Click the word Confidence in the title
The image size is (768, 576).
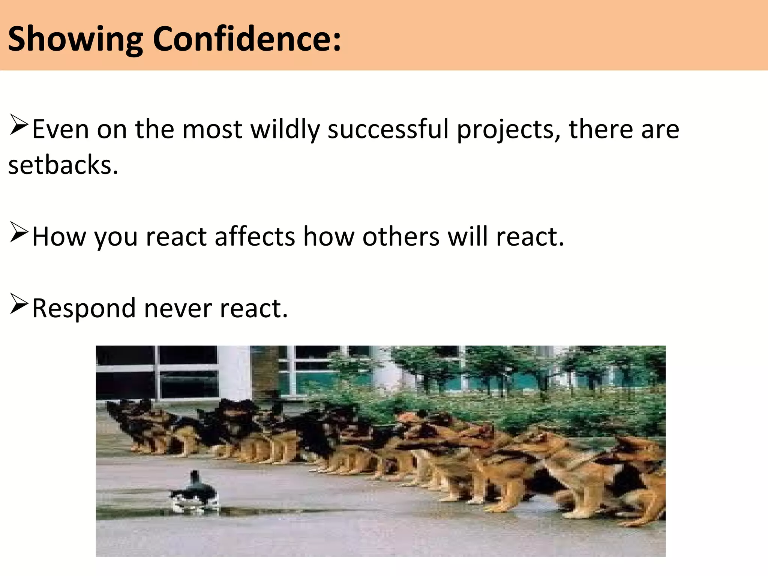coord(247,39)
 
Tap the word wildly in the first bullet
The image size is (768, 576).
coord(285,130)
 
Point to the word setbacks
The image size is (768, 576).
coord(63,165)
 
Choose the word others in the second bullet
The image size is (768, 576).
coord(400,237)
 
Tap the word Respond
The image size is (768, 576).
coord(84,309)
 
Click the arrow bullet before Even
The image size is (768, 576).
coord(19,125)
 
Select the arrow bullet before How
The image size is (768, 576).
coord(19,232)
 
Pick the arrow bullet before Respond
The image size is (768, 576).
coord(19,304)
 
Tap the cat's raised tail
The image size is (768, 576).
coord(195,478)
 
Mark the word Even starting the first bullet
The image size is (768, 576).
coord(61,130)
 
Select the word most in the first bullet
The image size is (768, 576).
coord(212,130)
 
